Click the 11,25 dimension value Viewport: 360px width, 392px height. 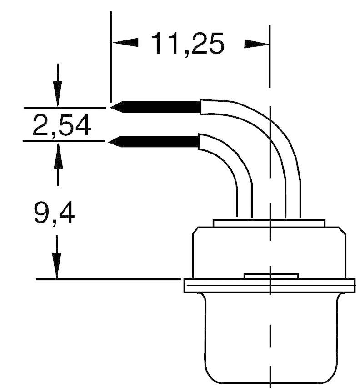pos(187,44)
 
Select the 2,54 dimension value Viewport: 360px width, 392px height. pos(62,125)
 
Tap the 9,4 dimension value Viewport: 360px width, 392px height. pos(54,213)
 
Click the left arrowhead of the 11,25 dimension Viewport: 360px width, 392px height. pos(125,43)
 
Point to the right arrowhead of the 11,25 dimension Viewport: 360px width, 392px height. pos(256,44)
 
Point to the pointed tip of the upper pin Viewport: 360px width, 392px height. pos(114,107)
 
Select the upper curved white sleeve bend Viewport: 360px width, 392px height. pos(268,132)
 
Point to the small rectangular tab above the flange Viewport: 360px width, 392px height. pos(271,276)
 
